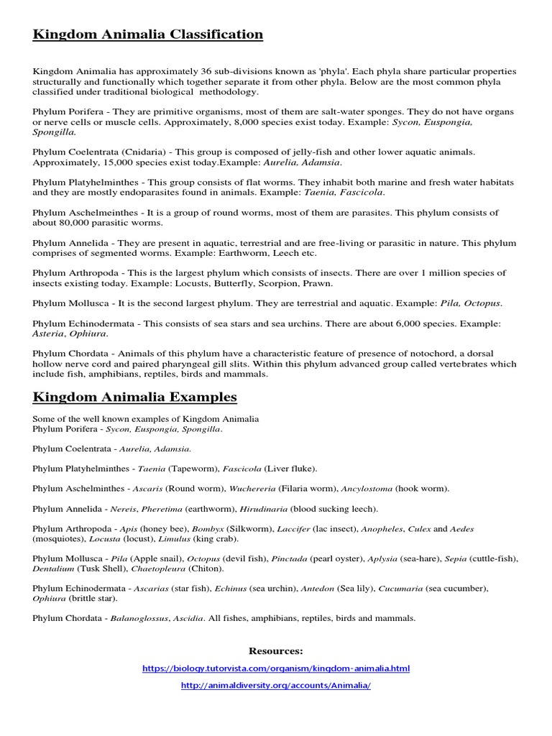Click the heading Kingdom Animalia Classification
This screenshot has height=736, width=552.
pyautogui.click(x=147, y=34)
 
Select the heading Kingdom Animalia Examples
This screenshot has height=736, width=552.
pyautogui.click(x=134, y=397)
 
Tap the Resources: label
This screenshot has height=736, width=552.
pyautogui.click(x=276, y=651)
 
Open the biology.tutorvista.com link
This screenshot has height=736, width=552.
pyautogui.click(x=276, y=668)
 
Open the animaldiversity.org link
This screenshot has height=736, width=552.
pyautogui.click(x=276, y=686)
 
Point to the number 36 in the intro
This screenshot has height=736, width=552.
pyautogui.click(x=184, y=72)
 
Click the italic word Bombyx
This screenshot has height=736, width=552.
pyautogui.click(x=207, y=529)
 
